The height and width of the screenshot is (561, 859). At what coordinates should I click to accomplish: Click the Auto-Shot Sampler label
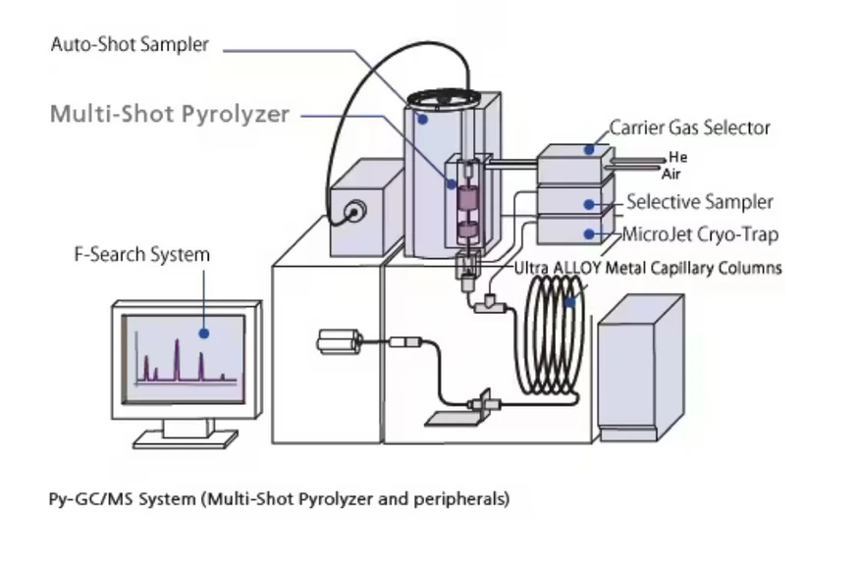[x=130, y=45]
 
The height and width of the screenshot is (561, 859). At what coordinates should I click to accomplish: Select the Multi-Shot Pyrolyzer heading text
[x=169, y=114]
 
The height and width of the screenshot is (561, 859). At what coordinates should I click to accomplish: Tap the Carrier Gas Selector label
[x=689, y=127]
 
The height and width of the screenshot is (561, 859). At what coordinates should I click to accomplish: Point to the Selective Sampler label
[x=699, y=202]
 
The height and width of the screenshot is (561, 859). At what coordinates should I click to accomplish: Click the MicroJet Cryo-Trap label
[x=700, y=234]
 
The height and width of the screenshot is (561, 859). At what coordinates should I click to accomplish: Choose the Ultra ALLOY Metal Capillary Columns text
[x=648, y=267]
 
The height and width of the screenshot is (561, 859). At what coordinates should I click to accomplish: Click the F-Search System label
[x=142, y=254]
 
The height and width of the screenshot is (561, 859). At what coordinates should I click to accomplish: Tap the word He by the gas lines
[x=677, y=157]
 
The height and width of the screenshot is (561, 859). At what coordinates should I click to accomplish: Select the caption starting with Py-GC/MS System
[x=279, y=498]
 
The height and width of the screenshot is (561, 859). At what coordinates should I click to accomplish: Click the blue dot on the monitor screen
[x=203, y=332]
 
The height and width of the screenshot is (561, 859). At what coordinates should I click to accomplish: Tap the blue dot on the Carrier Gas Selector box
[x=590, y=149]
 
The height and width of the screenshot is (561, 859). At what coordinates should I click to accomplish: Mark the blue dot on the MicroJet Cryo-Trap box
[x=590, y=233]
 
